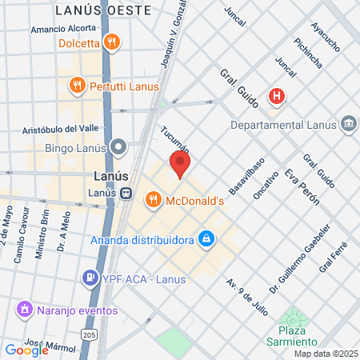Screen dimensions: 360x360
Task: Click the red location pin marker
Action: pyautogui.click(x=180, y=164)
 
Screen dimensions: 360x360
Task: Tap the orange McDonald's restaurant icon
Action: pyautogui.click(x=152, y=199)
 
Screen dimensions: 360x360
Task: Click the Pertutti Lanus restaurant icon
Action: pyautogui.click(x=77, y=84)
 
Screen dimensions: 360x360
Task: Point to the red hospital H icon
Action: pyautogui.click(x=277, y=96)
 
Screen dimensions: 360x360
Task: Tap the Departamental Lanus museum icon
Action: pyautogui.click(x=349, y=124)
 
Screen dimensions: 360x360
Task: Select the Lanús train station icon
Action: pyautogui.click(x=126, y=193)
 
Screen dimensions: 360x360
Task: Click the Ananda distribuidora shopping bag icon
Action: pyautogui.click(x=206, y=238)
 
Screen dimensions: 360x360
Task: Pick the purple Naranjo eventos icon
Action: pyautogui.click(x=25, y=308)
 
